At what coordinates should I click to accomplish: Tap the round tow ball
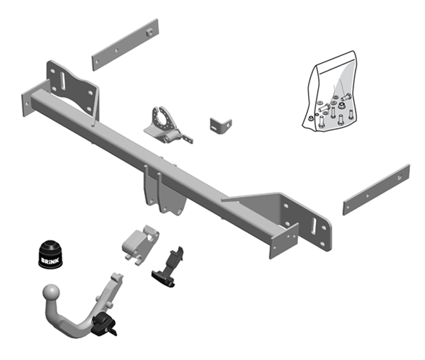[52, 292]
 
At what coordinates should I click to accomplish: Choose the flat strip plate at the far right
[376, 189]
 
